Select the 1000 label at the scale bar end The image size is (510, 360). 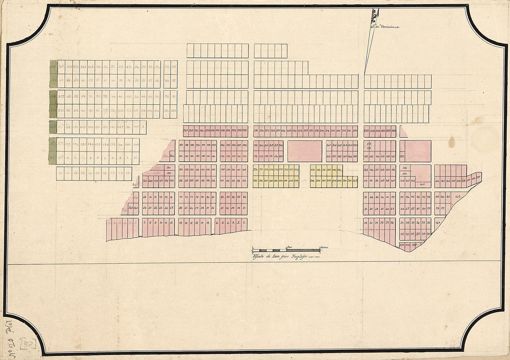pos(324,247)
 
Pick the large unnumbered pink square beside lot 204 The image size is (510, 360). pos(305,151)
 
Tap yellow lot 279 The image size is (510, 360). pos(313,170)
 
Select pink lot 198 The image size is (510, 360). pos(245,145)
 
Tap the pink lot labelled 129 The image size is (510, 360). pos(168,172)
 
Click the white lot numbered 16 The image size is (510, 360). pos(105,172)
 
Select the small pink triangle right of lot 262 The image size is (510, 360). pos(403,133)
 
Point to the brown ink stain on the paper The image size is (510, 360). pos(452,142)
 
